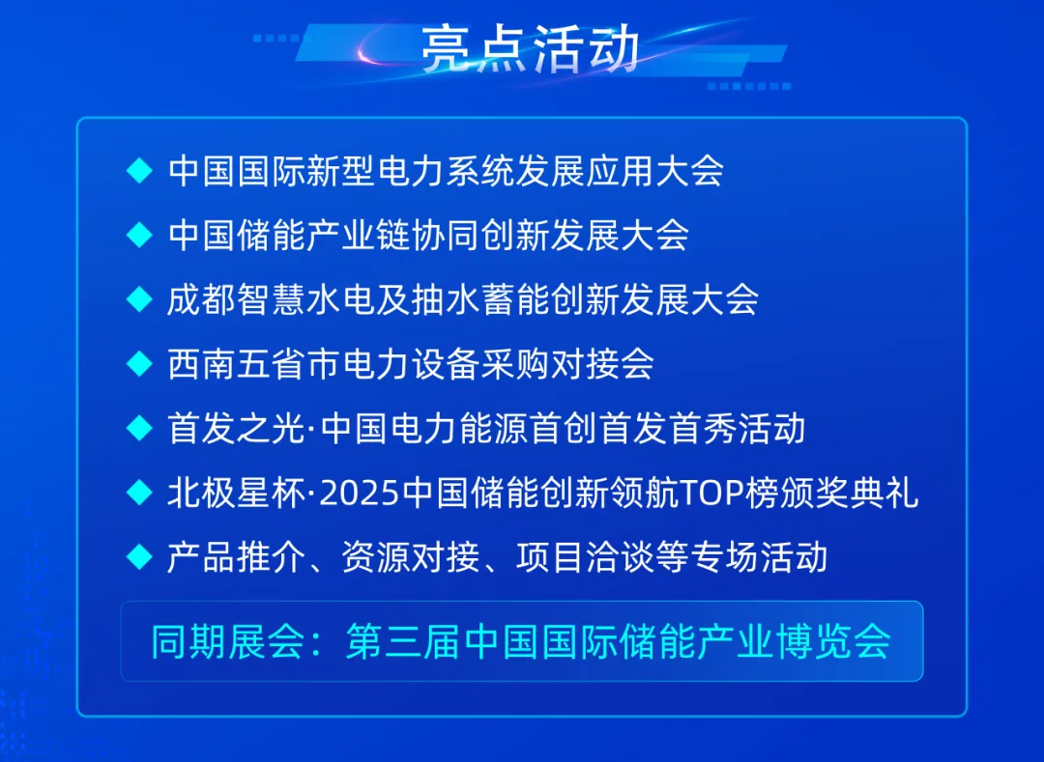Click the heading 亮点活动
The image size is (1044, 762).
click(531, 48)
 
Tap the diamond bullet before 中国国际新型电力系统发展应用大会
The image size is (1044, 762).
click(140, 170)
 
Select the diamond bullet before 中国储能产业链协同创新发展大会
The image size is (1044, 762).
click(140, 235)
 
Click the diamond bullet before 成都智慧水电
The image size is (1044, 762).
click(140, 299)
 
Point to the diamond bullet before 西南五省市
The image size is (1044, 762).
click(140, 364)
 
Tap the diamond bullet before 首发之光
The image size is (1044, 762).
click(140, 428)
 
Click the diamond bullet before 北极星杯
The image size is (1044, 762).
click(140, 493)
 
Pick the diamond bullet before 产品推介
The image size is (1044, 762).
click(140, 556)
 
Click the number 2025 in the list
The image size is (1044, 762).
click(360, 494)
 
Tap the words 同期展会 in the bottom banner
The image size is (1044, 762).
click(228, 641)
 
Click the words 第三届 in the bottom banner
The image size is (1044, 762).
click(403, 641)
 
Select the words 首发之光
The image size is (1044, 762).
click(236, 428)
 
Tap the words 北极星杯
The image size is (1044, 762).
click(236, 493)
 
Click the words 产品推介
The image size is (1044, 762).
click(236, 556)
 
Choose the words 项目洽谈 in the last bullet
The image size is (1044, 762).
click(585, 556)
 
